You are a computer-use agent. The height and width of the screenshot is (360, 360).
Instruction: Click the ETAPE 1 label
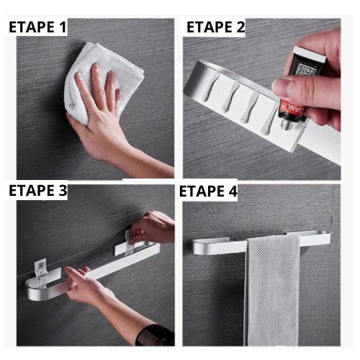[37, 29]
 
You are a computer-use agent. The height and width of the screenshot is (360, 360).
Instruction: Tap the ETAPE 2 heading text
[215, 27]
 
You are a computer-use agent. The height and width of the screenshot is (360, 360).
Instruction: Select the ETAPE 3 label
[37, 192]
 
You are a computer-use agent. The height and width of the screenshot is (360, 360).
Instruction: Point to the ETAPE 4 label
[208, 192]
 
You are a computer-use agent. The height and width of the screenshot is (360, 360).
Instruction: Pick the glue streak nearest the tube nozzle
[269, 127]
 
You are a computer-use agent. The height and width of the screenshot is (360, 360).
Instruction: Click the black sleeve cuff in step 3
[155, 335]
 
